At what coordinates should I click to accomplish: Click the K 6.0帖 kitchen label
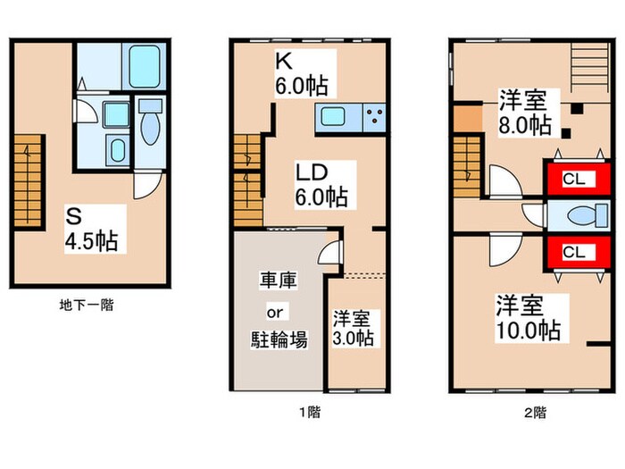[x=299, y=76]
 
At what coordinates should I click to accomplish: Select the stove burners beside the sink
[x=373, y=116]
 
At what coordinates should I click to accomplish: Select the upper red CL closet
[x=572, y=180]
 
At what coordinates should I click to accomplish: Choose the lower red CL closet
[x=572, y=252]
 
